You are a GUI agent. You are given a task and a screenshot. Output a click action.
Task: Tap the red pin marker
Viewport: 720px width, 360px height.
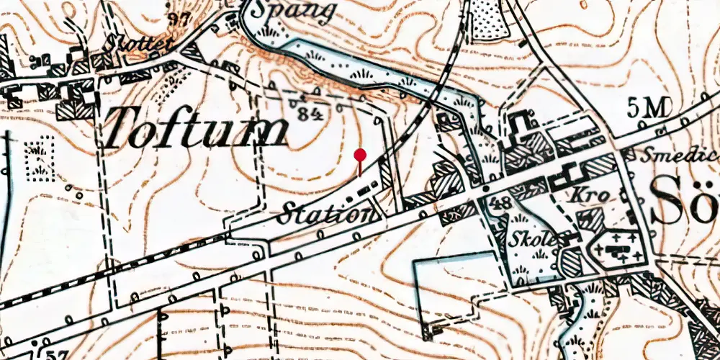click(360, 156)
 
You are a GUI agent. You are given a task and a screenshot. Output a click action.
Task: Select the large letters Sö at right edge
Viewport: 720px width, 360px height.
click(684, 202)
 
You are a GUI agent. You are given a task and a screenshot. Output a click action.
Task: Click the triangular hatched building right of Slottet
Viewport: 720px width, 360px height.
click(192, 52)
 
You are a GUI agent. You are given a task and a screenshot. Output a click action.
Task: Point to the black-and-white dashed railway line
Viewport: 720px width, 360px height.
click(108, 269)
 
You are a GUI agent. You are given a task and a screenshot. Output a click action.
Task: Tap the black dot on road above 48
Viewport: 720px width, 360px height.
click(486, 189)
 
